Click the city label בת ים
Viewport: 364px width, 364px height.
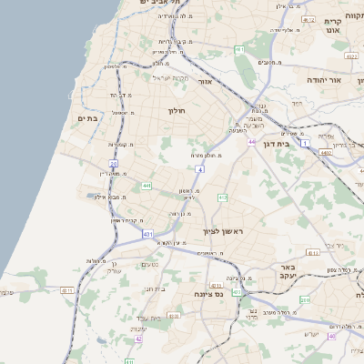pyautogui.click(x=87, y=118)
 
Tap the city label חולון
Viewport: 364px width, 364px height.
pyautogui.click(x=177, y=111)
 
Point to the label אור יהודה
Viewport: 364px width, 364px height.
pyautogui.click(x=322, y=80)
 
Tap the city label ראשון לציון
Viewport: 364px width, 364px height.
pyautogui.click(x=222, y=232)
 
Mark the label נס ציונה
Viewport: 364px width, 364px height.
pyautogui.click(x=209, y=295)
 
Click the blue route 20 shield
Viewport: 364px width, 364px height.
pyautogui.click(x=113, y=164)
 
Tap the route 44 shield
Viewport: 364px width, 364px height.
pyautogui.click(x=251, y=142)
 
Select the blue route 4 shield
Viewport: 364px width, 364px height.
pyautogui.click(x=198, y=169)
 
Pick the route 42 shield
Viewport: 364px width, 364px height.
pyautogui.click(x=138, y=339)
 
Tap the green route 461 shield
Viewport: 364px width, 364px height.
pyautogui.click(x=239, y=49)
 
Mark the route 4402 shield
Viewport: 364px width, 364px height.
pyautogui.click(x=326, y=153)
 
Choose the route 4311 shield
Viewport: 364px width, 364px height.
pyautogui.click(x=66, y=290)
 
